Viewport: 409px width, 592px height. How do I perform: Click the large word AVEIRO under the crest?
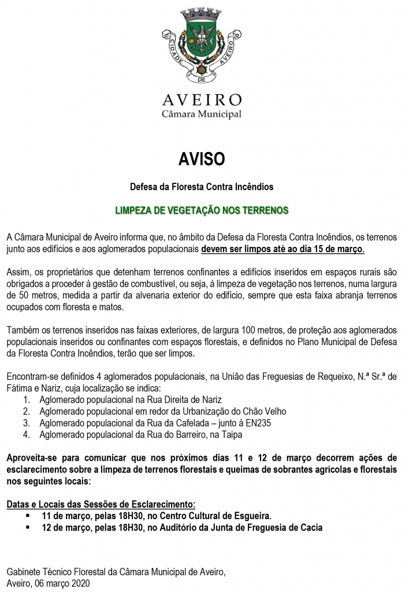pyautogui.click(x=202, y=100)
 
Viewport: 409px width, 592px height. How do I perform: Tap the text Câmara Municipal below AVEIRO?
pyautogui.click(x=202, y=114)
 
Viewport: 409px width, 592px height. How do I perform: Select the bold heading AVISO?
pyautogui.click(x=202, y=159)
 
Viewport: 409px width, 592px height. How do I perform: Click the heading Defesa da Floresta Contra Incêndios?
pyautogui.click(x=202, y=187)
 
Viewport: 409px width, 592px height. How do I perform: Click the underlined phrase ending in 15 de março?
pyautogui.click(x=283, y=248)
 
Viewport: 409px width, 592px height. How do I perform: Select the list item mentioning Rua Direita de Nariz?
pyautogui.click(x=131, y=399)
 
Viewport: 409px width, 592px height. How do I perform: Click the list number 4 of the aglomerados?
pyautogui.click(x=26, y=434)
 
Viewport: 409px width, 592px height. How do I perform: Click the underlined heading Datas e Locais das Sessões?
pyautogui.click(x=101, y=504)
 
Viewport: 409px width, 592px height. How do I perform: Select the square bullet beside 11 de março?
pyautogui.click(x=28, y=515)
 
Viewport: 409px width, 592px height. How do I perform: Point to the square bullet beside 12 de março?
pyautogui.click(x=28, y=527)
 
